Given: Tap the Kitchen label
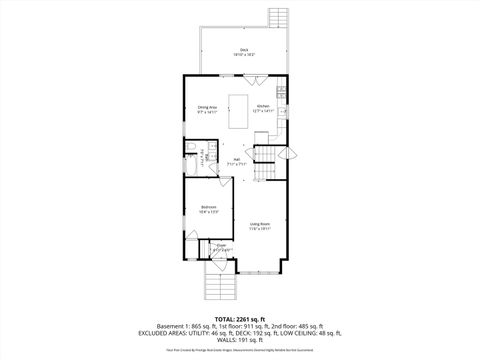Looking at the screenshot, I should pos(262,107).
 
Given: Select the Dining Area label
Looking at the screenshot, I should pos(207,107).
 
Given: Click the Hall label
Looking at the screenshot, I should pos(235,159).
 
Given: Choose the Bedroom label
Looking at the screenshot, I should pos(208,209).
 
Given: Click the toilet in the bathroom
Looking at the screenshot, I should pos(189,148).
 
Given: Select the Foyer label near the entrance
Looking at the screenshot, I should pos(222,248).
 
